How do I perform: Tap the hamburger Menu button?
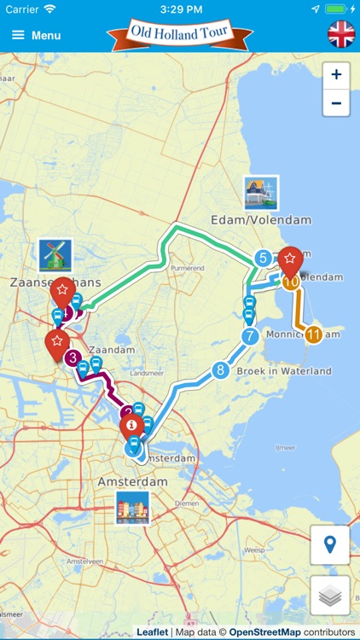pyautogui.click(x=36, y=36)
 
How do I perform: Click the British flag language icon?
pyautogui.click(x=341, y=35)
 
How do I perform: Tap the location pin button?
pyautogui.click(x=329, y=544)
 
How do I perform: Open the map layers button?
pyautogui.click(x=329, y=594)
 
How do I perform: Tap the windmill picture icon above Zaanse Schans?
pyautogui.click(x=55, y=255)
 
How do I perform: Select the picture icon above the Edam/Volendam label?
pyautogui.click(x=260, y=193)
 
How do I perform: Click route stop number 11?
pyautogui.click(x=313, y=335)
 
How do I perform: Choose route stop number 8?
pyautogui.click(x=220, y=370)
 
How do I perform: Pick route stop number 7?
pyautogui.click(x=249, y=336)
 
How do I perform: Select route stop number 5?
pyautogui.click(x=263, y=258)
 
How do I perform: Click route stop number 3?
pyautogui.click(x=73, y=358)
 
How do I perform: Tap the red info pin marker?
pyautogui.click(x=131, y=424)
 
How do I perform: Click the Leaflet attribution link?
pyautogui.click(x=153, y=632)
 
